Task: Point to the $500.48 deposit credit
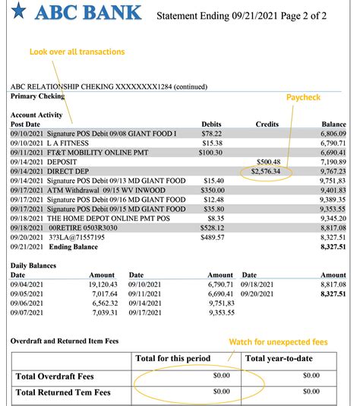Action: coord(269,162)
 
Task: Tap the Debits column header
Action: coord(211,124)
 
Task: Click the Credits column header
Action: coord(267,124)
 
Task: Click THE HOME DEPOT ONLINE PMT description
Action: coord(103,216)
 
